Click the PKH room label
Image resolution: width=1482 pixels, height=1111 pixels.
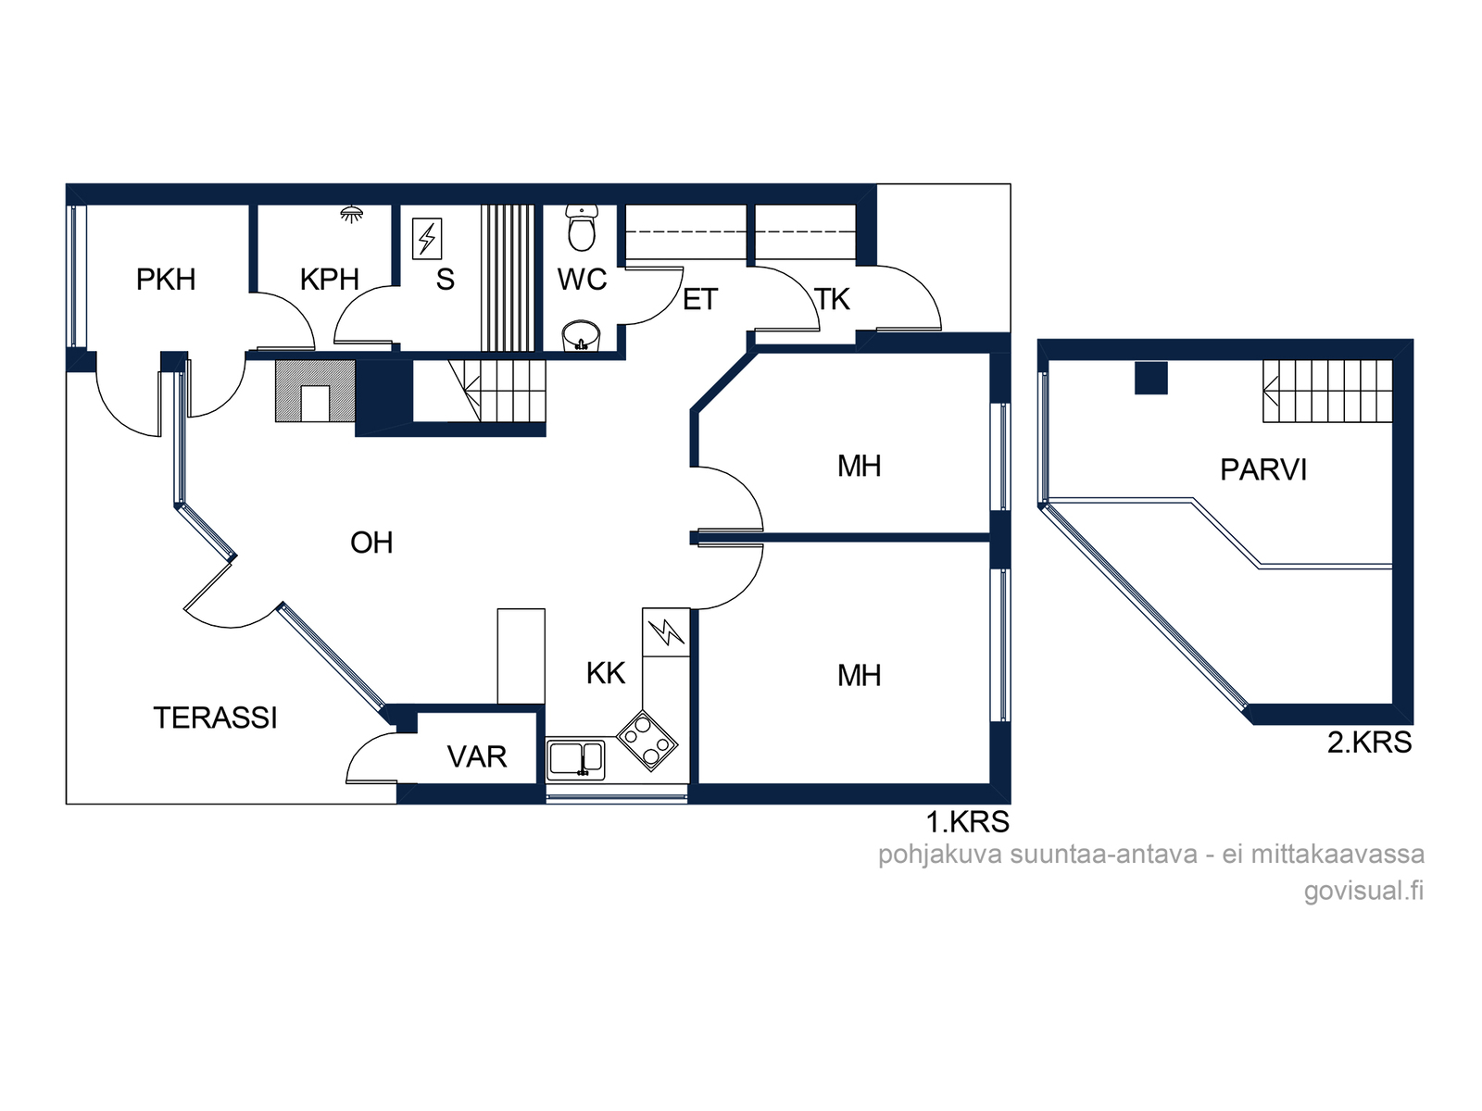[166, 280]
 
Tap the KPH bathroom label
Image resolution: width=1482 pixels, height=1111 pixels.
[330, 280]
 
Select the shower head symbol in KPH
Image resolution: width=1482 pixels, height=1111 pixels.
[351, 215]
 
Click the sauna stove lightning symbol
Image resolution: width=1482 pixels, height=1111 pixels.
[427, 238]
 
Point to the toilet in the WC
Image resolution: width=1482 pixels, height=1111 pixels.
[582, 228]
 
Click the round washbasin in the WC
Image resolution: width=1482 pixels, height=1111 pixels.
[581, 336]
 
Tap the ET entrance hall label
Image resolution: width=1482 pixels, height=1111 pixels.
[700, 299]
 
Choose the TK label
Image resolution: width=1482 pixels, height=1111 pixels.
[833, 299]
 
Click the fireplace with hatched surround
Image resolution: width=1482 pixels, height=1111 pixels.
[315, 392]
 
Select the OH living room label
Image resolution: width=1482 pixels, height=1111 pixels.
[371, 543]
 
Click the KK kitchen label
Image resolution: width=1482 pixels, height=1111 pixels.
[606, 673]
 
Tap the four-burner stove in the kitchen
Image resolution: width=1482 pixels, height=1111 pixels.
[647, 741]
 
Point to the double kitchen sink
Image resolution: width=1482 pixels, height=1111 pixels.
[576, 759]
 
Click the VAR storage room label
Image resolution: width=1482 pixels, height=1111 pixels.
[477, 756]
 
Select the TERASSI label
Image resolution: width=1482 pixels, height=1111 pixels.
[216, 718]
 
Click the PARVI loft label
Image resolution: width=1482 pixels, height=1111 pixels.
[1263, 469]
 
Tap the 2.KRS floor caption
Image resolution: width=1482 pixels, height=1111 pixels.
[1369, 742]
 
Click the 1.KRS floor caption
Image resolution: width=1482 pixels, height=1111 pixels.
[968, 821]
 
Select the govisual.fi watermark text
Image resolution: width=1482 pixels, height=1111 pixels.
[1363, 891]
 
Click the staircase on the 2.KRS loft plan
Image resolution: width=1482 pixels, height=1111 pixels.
[1327, 392]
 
